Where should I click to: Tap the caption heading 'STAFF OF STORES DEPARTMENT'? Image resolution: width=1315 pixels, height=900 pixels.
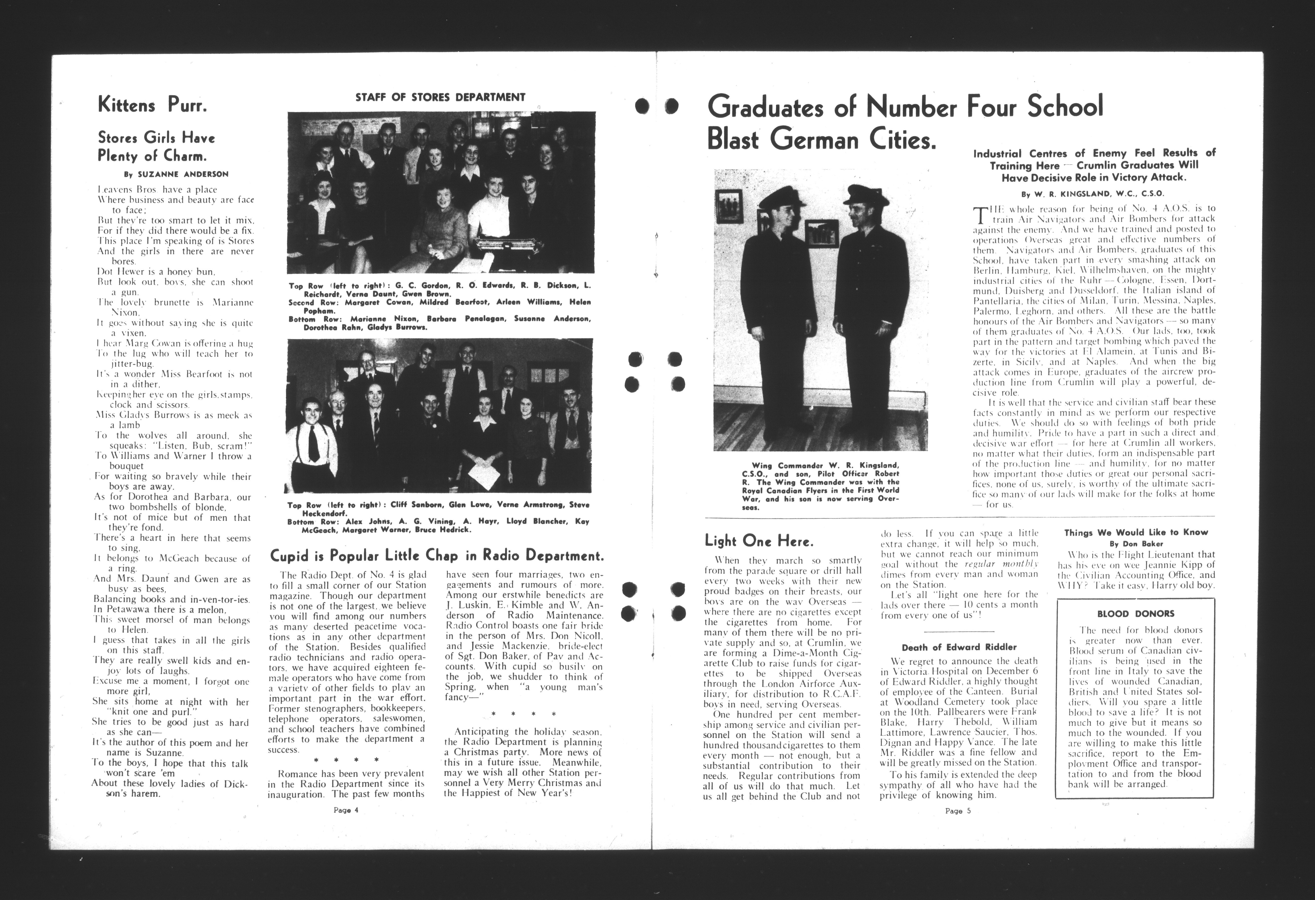(x=440, y=97)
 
